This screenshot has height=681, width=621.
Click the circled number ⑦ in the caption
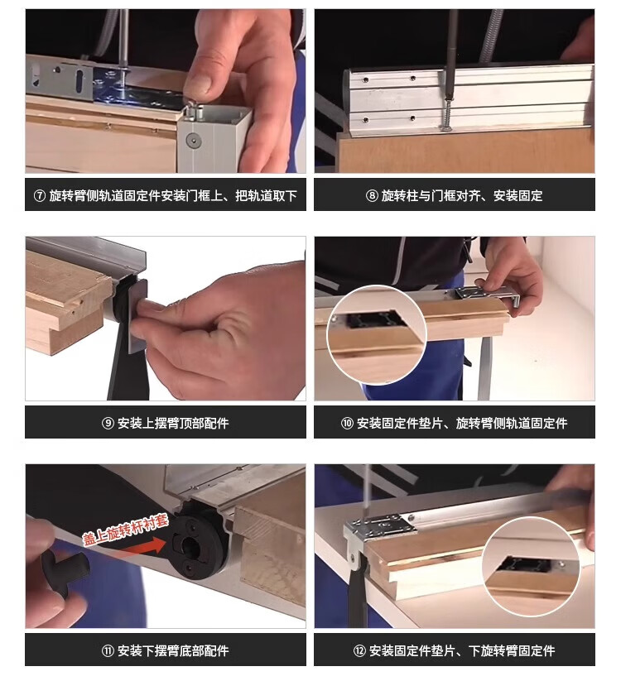point(39,196)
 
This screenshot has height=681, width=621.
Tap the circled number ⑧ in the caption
point(372,196)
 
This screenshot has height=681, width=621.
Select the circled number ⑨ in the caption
point(108,423)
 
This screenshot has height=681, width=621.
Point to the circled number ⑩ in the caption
point(347,423)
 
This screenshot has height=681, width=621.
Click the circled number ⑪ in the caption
point(108,650)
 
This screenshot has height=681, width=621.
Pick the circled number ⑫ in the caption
point(359,650)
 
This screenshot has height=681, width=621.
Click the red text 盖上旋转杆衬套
point(126,530)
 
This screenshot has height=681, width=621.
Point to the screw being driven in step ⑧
point(447,114)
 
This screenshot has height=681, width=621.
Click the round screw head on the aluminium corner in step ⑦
point(194,141)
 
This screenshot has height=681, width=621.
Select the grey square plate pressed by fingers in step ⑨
point(137,316)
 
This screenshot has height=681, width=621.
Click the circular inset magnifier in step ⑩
point(377,335)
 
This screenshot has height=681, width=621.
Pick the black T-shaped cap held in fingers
point(65,567)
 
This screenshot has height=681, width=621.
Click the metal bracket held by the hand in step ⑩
point(488,295)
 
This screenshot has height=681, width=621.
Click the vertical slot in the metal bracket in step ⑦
point(80,82)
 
